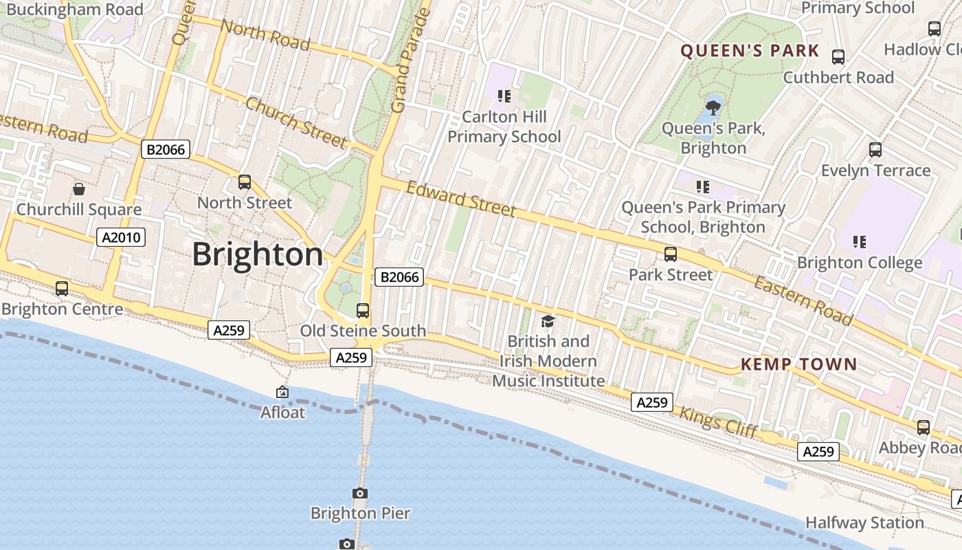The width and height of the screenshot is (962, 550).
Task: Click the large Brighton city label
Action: pyautogui.click(x=257, y=254)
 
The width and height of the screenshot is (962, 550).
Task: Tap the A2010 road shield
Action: pyautogui.click(x=121, y=238)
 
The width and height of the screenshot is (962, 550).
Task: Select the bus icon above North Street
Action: pyautogui.click(x=245, y=182)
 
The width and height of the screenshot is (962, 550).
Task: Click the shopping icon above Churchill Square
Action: pyautogui.click(x=79, y=189)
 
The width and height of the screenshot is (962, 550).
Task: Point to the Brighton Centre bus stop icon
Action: pyautogui.click(x=62, y=289)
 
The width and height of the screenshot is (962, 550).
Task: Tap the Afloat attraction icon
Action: pyautogui.click(x=282, y=393)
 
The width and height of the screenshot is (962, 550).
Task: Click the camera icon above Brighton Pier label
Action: pyautogui.click(x=359, y=493)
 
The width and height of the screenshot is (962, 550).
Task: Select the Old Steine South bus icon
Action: pyautogui.click(x=363, y=311)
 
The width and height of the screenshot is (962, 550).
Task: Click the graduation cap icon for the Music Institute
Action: pyautogui.click(x=548, y=321)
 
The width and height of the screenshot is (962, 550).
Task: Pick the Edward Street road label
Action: pyautogui.click(x=460, y=199)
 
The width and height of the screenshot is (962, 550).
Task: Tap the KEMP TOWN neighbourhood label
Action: pyautogui.click(x=798, y=364)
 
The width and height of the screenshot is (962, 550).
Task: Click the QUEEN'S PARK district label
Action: pyautogui.click(x=750, y=51)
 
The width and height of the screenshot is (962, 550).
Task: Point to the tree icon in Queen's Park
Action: pyautogui.click(x=713, y=107)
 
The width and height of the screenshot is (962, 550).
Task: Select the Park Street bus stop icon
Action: pyautogui.click(x=671, y=254)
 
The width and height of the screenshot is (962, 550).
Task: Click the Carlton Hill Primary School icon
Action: pyautogui.click(x=504, y=96)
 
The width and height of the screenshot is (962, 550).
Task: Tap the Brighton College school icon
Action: pyautogui.click(x=859, y=241)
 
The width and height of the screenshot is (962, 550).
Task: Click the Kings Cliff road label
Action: pyautogui.click(x=718, y=422)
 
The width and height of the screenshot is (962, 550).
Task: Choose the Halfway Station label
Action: pyautogui.click(x=864, y=522)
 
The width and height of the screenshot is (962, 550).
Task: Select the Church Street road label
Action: pyautogui.click(x=296, y=122)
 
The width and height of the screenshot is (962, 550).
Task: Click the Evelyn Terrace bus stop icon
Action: pyautogui.click(x=875, y=150)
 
